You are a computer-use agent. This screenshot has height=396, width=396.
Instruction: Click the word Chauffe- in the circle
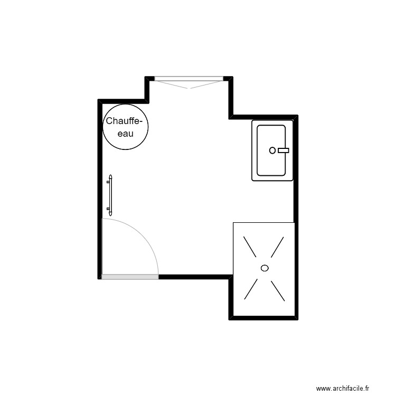tap(122, 121)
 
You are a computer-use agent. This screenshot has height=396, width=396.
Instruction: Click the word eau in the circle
tap(126, 134)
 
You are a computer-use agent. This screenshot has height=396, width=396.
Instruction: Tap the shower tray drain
tap(265, 268)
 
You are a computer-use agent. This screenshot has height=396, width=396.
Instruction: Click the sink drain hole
tap(272, 150)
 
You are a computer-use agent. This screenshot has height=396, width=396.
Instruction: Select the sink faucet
tap(283, 150)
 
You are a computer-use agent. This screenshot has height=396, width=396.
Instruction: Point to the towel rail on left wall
tap(110, 195)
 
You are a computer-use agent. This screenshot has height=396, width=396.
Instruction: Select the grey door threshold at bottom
tap(130, 277)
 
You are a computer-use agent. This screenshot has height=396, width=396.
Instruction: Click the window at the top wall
tap(189, 79)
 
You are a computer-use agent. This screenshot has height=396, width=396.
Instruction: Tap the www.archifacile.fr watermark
tap(343, 388)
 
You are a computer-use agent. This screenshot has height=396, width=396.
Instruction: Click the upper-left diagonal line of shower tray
tap(250, 247)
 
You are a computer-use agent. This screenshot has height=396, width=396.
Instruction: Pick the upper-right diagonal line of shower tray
tap(277, 247)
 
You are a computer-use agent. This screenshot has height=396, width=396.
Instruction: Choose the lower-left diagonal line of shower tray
tap(251, 289)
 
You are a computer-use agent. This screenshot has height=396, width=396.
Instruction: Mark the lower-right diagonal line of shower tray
tap(278, 291)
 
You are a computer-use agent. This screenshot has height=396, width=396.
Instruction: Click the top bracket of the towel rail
tap(109, 182)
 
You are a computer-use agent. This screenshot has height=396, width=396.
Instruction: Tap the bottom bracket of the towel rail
tap(109, 209)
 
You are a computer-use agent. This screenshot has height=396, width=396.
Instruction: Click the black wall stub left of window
tap(149, 79)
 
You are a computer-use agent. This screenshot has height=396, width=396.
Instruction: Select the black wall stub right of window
tap(228, 79)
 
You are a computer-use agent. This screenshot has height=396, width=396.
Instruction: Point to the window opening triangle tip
tap(189, 88)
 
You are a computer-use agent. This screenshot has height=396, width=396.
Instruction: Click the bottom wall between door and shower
tap(194, 277)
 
